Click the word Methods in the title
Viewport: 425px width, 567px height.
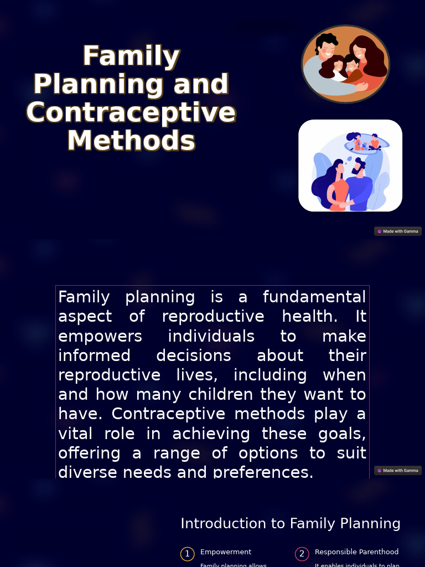point(131,141)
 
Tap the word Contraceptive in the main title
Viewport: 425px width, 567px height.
point(131,112)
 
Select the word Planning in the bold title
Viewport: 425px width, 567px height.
point(98,84)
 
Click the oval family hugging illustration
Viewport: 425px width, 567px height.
point(345,64)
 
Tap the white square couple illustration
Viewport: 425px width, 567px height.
point(350,166)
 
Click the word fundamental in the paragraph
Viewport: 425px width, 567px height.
point(314,297)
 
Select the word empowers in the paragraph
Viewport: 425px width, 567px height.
point(100,337)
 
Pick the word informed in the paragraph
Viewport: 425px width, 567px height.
point(94,356)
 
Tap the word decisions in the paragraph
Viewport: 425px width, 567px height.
point(194,356)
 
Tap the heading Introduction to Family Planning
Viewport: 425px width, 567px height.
point(291,524)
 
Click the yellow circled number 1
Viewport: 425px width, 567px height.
point(187,554)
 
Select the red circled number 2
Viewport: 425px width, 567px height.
point(302,554)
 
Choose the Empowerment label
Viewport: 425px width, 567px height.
point(226,552)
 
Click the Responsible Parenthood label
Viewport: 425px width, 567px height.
point(356,552)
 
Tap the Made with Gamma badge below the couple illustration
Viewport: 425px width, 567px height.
point(398,231)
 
